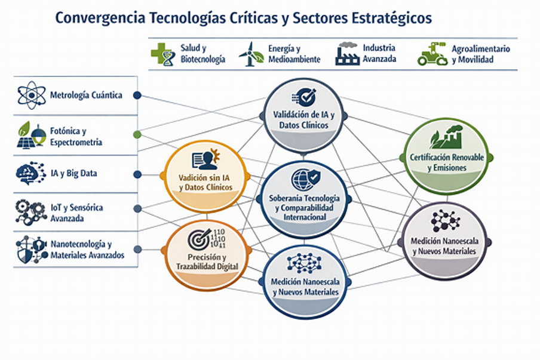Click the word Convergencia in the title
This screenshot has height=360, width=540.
(100, 19)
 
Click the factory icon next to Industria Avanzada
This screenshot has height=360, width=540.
(348, 54)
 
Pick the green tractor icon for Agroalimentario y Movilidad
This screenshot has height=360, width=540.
(432, 54)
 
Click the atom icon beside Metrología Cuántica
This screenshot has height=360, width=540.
(31, 95)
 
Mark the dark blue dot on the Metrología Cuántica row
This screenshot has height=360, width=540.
(137, 96)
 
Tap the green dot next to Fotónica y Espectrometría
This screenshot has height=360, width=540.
(137, 134)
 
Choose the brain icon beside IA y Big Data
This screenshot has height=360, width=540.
(31, 173)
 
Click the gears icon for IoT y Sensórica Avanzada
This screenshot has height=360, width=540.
(31, 213)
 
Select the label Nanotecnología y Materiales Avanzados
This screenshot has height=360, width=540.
(87, 250)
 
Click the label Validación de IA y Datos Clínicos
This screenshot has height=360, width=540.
(303, 120)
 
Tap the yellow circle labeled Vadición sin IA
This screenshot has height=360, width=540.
(205, 177)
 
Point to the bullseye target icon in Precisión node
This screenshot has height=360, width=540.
(199, 239)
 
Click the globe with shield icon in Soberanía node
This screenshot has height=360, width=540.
(305, 179)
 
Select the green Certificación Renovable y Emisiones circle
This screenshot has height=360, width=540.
(447, 156)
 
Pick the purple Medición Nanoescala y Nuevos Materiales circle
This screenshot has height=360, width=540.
(444, 241)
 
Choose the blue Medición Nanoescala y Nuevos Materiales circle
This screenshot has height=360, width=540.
(305, 282)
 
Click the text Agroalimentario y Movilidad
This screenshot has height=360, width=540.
(481, 54)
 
